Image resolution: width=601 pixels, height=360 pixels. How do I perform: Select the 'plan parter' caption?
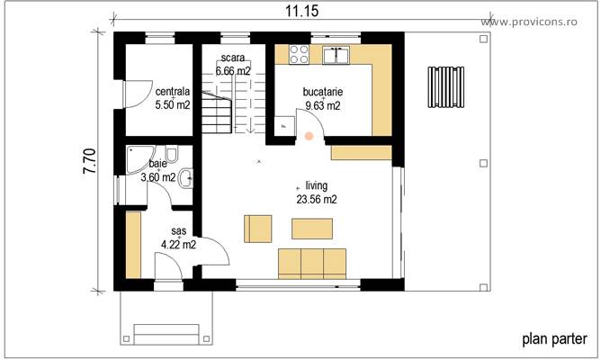[554, 339]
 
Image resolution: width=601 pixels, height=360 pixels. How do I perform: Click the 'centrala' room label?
[173, 92]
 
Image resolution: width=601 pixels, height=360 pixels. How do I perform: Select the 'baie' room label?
[158, 164]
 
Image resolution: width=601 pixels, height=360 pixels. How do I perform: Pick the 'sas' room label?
[178, 231]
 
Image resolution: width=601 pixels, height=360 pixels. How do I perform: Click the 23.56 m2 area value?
[317, 199]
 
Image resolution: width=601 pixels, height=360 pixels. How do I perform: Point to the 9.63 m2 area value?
[322, 105]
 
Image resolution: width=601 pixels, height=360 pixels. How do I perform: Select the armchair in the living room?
[257, 229]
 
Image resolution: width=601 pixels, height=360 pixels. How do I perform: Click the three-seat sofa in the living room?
[312, 262]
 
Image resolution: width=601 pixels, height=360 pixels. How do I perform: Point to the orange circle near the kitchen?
[309, 137]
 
